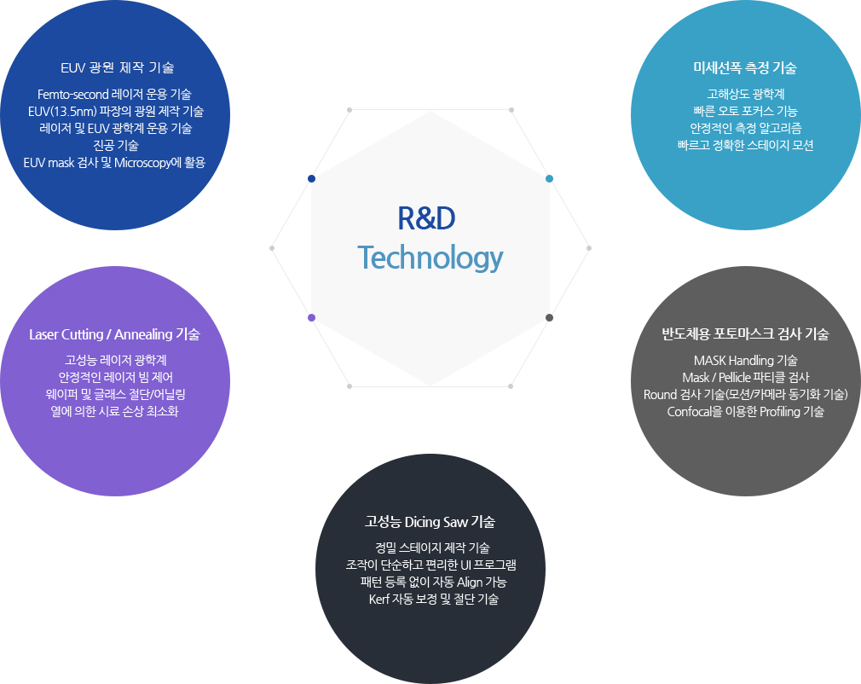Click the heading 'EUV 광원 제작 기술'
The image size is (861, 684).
tap(117, 67)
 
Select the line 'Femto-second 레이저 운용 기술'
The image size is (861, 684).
tap(114, 94)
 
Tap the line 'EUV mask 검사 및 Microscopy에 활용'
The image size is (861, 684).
tap(114, 163)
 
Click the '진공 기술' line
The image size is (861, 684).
tap(116, 146)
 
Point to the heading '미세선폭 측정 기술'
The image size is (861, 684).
tap(744, 67)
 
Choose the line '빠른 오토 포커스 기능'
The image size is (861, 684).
tap(745, 111)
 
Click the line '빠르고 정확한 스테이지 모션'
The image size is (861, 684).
tap(745, 146)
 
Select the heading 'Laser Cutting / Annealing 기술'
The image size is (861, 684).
tap(114, 334)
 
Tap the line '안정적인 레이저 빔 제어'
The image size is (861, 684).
tap(115, 378)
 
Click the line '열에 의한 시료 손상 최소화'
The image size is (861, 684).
tap(114, 411)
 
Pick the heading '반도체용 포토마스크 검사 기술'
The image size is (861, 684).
tap(745, 333)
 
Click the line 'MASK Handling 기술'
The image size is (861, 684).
tap(745, 361)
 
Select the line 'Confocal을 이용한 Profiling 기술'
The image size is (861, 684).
tap(745, 411)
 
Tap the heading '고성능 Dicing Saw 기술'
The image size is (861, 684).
tap(430, 521)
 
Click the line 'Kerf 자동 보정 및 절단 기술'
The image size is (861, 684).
tap(433, 599)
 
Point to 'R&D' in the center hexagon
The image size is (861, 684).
tap(426, 218)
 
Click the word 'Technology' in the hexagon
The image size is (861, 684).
tap(430, 258)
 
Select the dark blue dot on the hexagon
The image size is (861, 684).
tap(311, 178)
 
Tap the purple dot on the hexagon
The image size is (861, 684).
tap(311, 317)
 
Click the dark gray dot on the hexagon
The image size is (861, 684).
tap(549, 317)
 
